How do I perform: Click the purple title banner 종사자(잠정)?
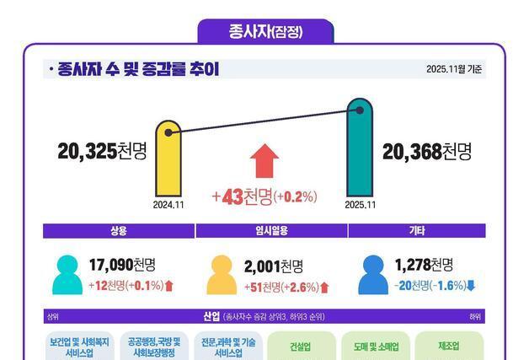click(x=265, y=32)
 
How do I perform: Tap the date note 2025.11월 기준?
click(x=454, y=69)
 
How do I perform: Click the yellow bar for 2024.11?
click(x=168, y=160)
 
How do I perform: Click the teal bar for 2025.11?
click(x=360, y=148)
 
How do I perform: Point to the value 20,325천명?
click(x=102, y=152)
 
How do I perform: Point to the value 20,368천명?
click(x=426, y=152)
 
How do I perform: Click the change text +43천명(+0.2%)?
click(x=264, y=197)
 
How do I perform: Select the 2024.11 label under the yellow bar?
click(x=168, y=204)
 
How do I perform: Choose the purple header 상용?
click(x=118, y=231)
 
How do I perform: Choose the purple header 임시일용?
click(x=264, y=231)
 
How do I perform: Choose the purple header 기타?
click(x=415, y=231)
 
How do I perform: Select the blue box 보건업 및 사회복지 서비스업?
click(x=79, y=347)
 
